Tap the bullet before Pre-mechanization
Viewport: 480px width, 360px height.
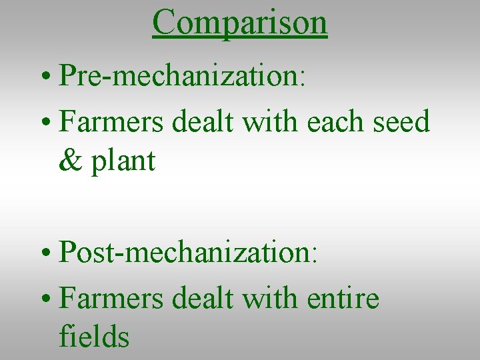point(47,78)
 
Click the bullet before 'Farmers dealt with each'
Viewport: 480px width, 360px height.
point(47,124)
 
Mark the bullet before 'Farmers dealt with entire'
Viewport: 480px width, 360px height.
point(47,299)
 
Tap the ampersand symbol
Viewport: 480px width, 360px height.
point(68,161)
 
